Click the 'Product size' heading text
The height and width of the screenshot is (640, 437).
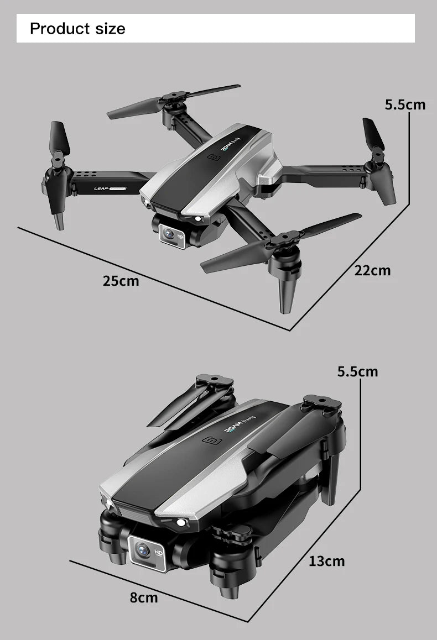77,28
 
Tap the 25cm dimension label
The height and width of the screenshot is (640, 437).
121,281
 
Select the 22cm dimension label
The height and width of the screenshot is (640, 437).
372,270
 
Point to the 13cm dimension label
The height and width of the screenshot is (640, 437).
326,562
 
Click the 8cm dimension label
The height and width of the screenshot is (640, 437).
144,597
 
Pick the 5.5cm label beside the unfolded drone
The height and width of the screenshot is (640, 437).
405,104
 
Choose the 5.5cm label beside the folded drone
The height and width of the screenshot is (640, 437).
358,371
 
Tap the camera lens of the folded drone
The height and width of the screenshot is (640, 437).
142,550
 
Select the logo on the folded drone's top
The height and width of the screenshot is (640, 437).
211,441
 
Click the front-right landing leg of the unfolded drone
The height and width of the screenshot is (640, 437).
288,293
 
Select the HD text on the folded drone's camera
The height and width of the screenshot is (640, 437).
158,552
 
